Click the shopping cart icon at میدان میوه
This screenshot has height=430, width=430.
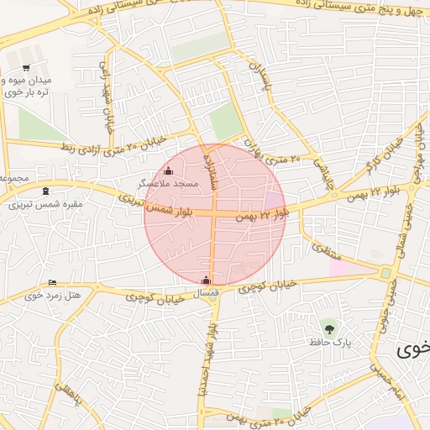tap(26, 68)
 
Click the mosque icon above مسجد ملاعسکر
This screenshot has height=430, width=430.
tap(168, 171)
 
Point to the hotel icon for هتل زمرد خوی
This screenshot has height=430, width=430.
tap(53, 283)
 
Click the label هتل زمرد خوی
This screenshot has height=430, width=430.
tap(53, 295)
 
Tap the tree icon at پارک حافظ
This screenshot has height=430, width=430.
tap(328, 326)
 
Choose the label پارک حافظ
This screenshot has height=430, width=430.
tap(333, 343)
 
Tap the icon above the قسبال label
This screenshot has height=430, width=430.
tap(207, 280)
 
